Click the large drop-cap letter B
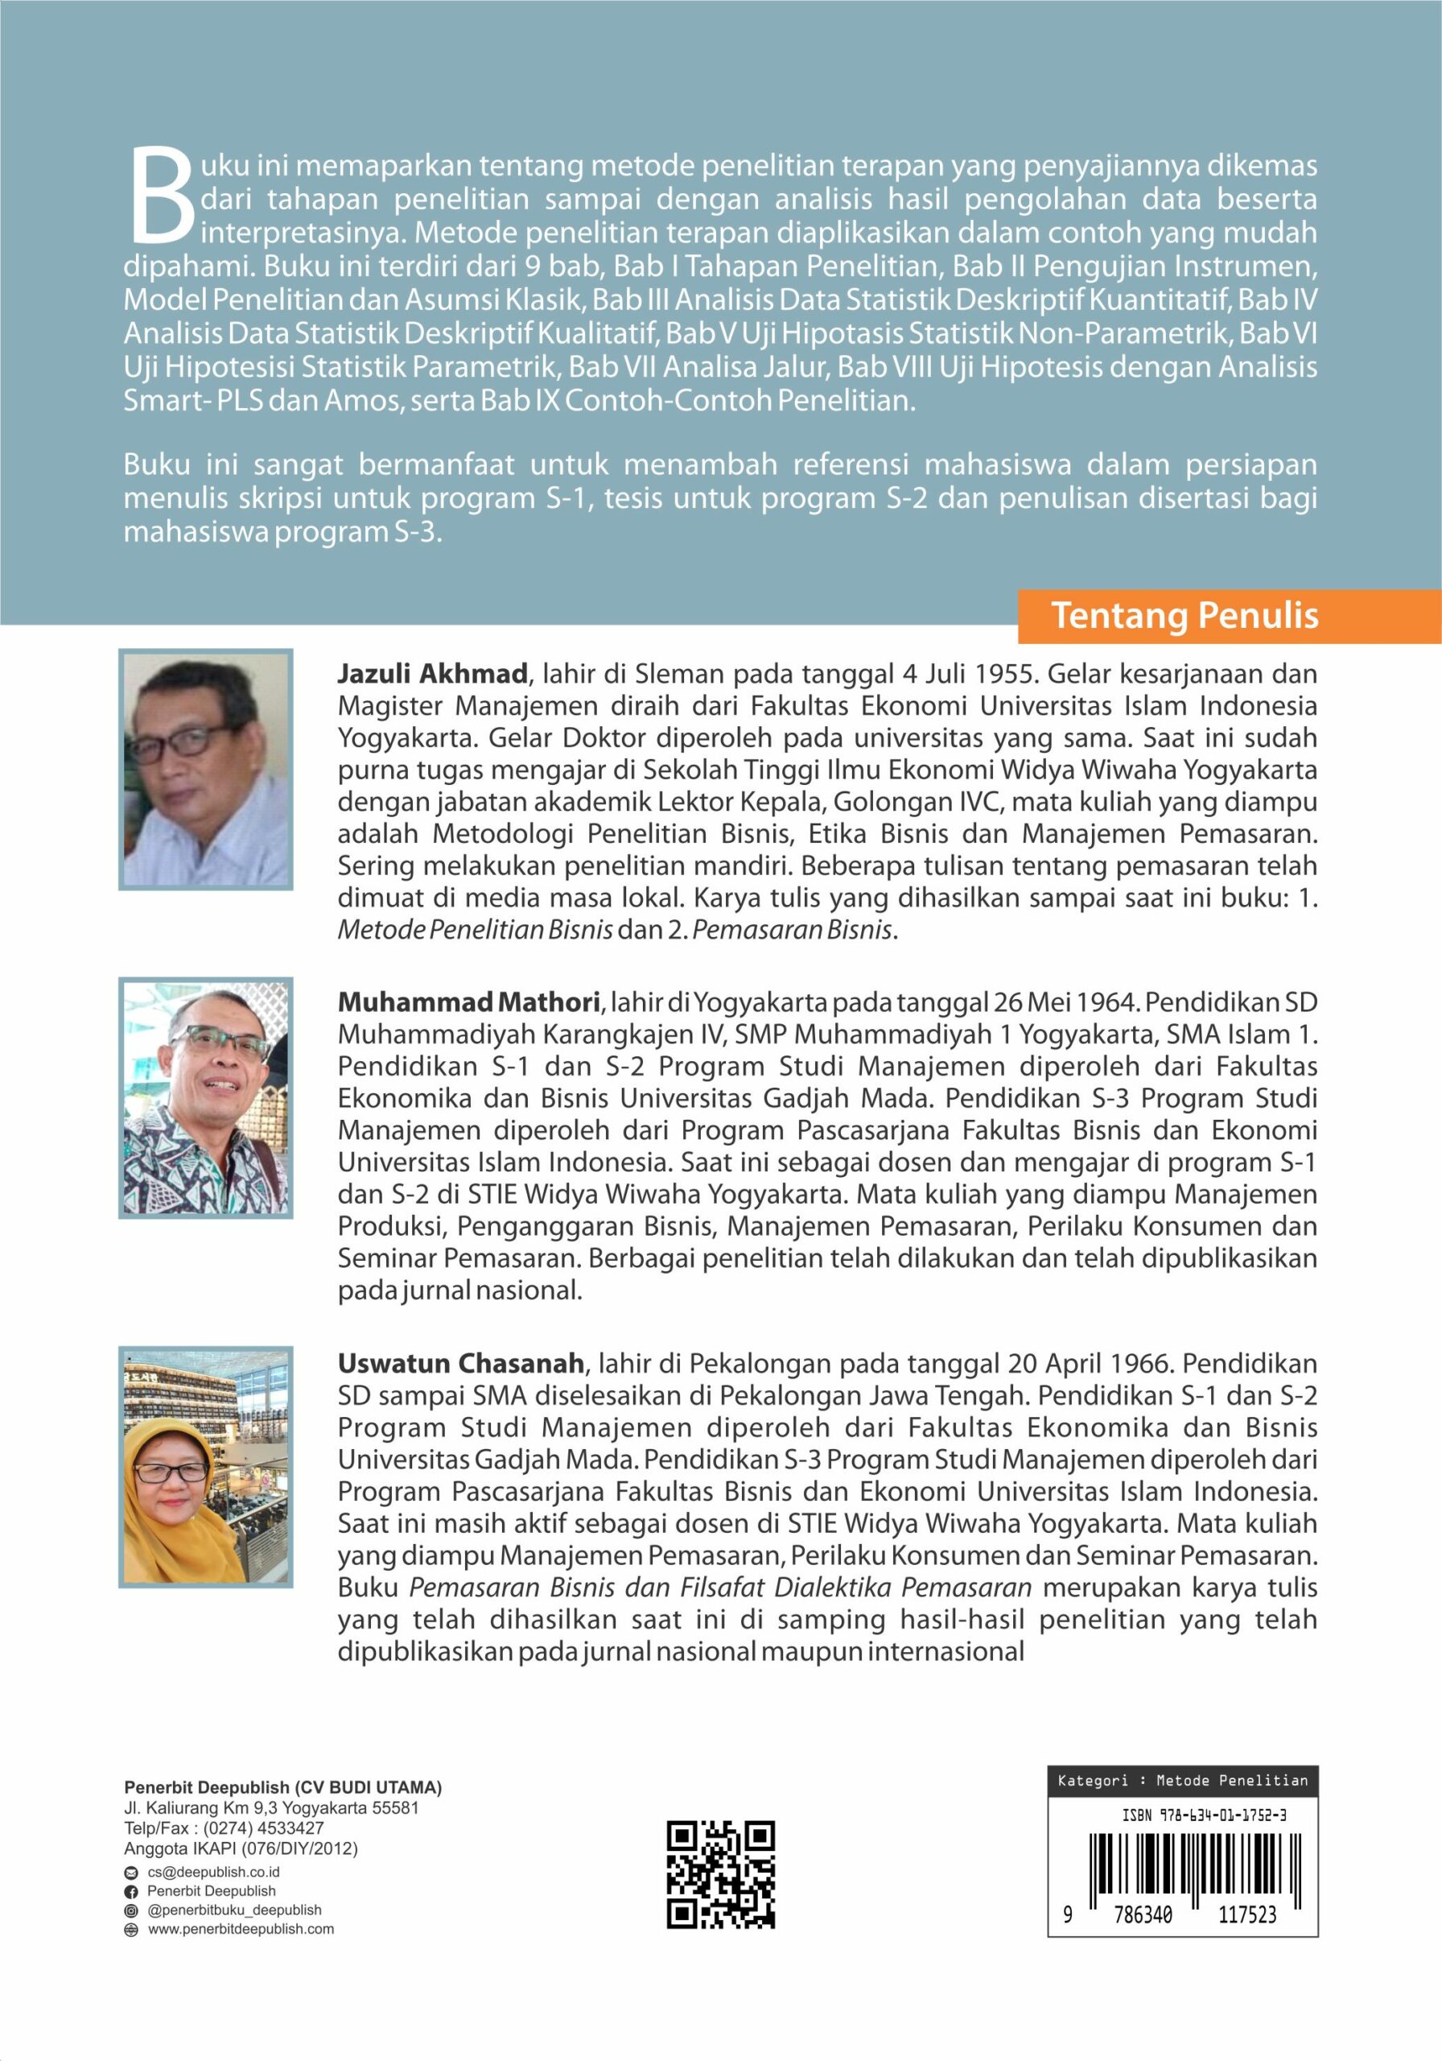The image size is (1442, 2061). coord(163,195)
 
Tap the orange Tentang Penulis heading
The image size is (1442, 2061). coord(1184,616)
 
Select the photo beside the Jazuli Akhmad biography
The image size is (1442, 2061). coord(206,770)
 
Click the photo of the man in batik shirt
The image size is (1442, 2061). coord(206,1098)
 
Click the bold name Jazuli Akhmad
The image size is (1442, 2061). coord(431,673)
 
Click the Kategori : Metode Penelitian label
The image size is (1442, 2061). coord(1183,1780)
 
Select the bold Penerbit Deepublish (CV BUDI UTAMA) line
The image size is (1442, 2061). coord(282,1787)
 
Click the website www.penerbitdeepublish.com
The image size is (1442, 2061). coord(241,1928)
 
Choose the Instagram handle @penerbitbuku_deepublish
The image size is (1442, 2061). coord(234,1910)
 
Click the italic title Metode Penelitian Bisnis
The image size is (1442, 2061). coord(475,931)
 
